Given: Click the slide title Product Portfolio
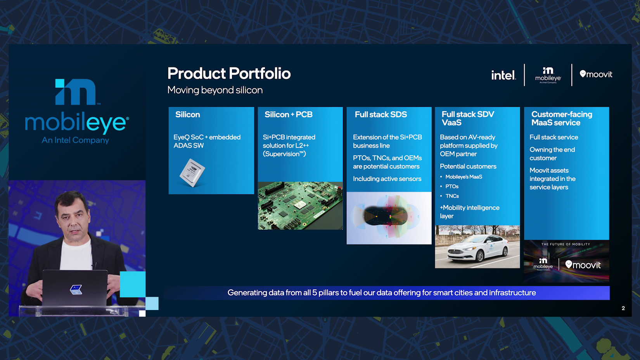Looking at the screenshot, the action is point(229,73).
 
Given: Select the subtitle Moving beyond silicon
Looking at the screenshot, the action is point(215,90).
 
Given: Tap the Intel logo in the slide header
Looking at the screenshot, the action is point(503,75).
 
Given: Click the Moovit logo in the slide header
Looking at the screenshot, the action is point(596,74).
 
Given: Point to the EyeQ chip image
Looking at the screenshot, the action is point(192,173).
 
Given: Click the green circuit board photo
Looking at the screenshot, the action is point(300,206).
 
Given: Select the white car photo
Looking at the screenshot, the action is point(477,247).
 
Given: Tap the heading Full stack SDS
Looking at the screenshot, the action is point(381,114).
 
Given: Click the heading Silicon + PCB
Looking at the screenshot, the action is point(289,114).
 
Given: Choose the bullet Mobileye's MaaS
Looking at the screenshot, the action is point(464,177).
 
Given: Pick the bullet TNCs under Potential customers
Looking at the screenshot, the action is point(452,196).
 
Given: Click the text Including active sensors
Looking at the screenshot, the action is point(387,179).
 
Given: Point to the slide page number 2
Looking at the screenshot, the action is point(623,308).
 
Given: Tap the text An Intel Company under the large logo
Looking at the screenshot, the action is point(75,140).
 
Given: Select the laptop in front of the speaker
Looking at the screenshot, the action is point(75,289).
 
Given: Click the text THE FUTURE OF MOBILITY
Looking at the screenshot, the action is point(566,244).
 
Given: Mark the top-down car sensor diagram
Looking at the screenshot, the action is point(389,218).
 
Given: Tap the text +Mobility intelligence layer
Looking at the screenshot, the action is point(470,212).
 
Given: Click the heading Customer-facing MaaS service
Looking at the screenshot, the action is point(562,119).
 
